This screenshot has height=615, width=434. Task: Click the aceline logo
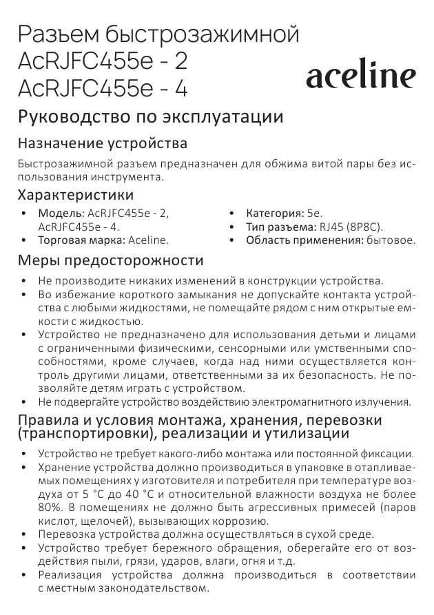(x=360, y=76)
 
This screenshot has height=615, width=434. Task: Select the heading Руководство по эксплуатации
(x=150, y=116)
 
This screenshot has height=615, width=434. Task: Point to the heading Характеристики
(x=76, y=195)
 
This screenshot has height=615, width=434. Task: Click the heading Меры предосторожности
(x=110, y=260)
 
